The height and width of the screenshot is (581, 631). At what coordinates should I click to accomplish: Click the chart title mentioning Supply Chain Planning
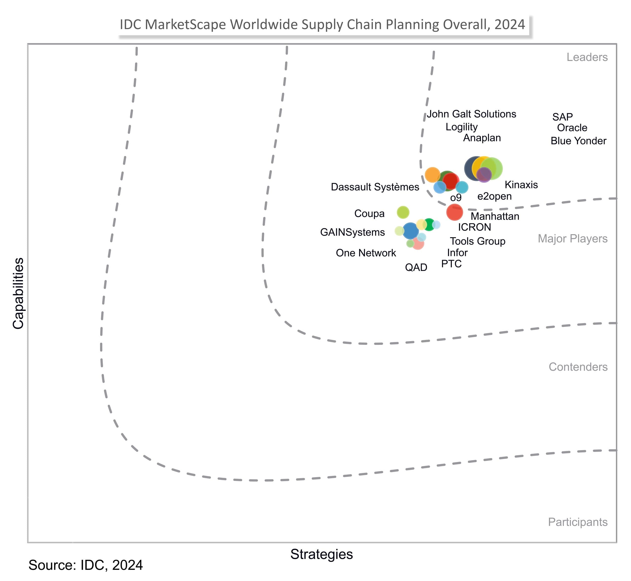(322, 24)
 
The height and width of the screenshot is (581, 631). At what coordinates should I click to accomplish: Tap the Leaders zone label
(587, 57)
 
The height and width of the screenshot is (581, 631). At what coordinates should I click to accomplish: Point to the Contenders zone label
(578, 367)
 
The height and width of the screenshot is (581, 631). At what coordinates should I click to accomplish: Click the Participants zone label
(578, 522)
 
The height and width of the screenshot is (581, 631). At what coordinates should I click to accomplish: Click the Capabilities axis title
(18, 293)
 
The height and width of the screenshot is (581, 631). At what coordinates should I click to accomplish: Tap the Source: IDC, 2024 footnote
(86, 565)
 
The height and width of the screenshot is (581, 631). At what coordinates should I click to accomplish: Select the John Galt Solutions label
(471, 114)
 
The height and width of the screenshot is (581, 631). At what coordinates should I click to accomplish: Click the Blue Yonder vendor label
(578, 141)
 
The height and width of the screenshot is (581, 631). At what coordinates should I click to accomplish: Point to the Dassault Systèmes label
(375, 187)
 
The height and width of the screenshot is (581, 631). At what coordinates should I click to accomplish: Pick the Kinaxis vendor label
(521, 185)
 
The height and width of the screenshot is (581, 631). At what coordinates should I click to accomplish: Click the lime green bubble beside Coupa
(403, 212)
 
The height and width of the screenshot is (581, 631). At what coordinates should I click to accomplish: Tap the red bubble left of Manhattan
(454, 212)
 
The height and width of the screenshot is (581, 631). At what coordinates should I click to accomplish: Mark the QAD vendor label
(416, 267)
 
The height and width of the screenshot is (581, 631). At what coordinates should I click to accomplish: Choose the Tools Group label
(477, 241)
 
